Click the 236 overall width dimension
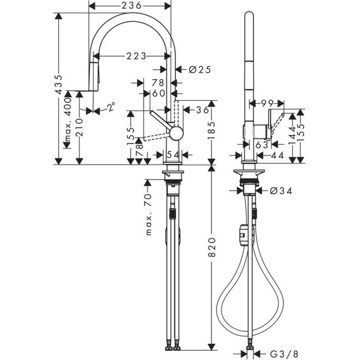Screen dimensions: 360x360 (130, 5)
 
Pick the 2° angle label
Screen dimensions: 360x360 (109, 107)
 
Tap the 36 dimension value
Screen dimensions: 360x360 (202, 109)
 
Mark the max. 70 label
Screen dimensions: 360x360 (147, 214)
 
